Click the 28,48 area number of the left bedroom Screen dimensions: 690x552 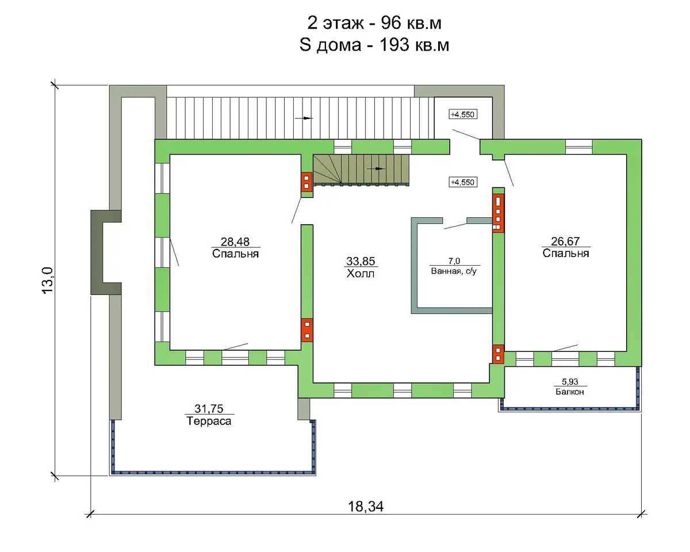[235, 241]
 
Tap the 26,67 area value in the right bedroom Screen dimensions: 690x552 [565, 241]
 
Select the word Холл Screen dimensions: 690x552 [361, 274]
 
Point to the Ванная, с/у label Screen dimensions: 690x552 [454, 271]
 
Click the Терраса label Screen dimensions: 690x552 [209, 421]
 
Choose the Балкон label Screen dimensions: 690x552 [570, 392]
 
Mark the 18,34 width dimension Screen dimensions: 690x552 [366, 507]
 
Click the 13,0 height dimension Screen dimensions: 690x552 [48, 280]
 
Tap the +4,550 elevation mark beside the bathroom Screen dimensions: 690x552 [463, 182]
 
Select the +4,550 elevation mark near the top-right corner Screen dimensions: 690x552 [463, 114]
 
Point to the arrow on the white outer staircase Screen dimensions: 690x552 [304, 118]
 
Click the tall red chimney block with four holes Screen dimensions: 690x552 [499, 213]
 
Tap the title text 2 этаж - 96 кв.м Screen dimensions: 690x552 [374, 23]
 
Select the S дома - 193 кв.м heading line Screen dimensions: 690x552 [374, 45]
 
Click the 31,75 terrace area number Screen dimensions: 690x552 [209, 409]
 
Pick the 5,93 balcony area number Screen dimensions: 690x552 [570, 382]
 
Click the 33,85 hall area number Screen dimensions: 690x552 [361, 261]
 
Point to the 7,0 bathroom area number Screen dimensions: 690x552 [454, 261]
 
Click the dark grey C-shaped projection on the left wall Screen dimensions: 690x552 [97, 252]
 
